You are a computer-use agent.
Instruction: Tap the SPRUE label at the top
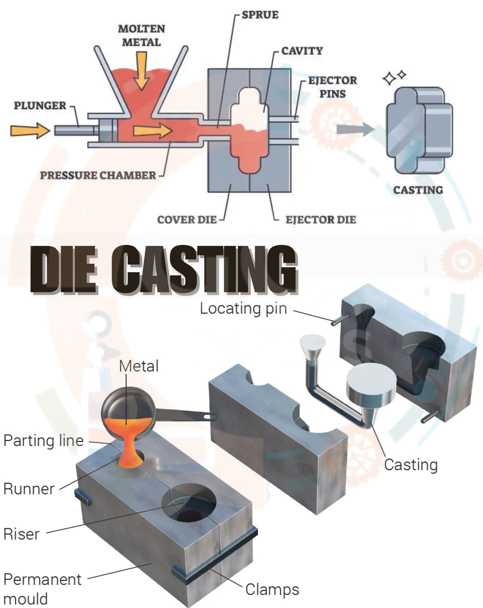[260, 15]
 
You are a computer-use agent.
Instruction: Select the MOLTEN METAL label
[141, 35]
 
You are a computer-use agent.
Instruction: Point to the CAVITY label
[302, 51]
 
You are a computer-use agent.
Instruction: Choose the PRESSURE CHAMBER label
[98, 175]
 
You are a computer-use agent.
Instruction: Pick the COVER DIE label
[187, 220]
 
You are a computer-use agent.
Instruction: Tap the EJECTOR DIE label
[321, 220]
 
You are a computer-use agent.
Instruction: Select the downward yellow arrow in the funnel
[141, 70]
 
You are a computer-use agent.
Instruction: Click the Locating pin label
[243, 308]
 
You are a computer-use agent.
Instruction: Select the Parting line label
[43, 441]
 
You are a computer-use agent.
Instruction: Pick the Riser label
[21, 534]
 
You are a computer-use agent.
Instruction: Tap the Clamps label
[272, 589]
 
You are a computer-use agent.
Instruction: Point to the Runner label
[29, 489]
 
